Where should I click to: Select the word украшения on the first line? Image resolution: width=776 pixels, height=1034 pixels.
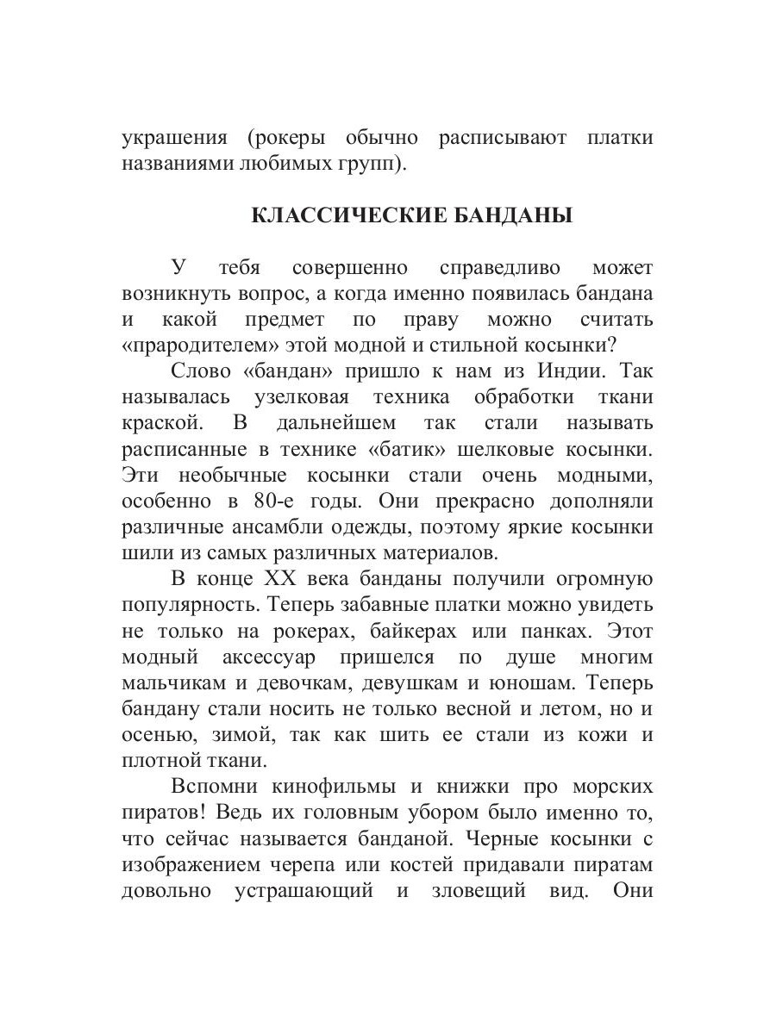(x=173, y=138)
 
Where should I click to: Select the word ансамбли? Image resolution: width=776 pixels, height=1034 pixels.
(x=273, y=527)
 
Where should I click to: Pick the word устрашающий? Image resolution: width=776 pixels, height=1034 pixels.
(x=304, y=891)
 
